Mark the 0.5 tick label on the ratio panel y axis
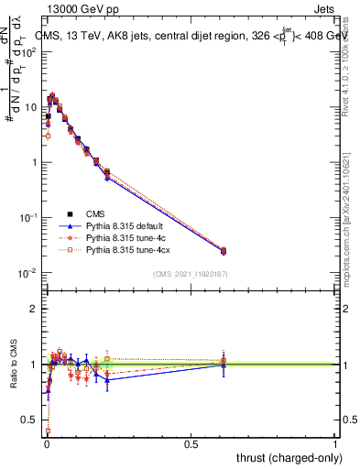coord(29,420)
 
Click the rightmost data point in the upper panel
coord(224,250)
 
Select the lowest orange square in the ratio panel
coord(48,431)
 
